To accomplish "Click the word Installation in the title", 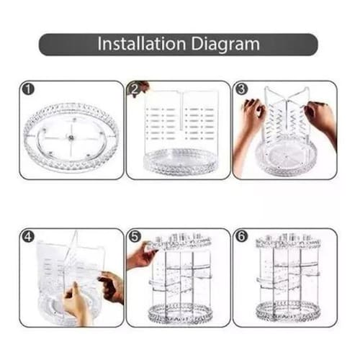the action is (142, 44).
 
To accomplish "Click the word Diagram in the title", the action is (225, 45).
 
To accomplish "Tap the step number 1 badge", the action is (28, 89).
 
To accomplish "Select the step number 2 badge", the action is (135, 89).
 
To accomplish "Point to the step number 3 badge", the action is (241, 89).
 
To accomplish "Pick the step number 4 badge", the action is (28, 237).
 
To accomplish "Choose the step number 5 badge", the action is (135, 237).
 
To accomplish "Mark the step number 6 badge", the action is (241, 237).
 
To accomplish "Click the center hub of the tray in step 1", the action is (71, 138).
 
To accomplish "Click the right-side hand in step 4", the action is (112, 287).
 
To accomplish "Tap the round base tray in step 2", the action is (179, 162).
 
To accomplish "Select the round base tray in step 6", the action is (288, 312).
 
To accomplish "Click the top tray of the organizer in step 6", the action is (288, 241).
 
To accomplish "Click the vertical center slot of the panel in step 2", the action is (181, 112).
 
